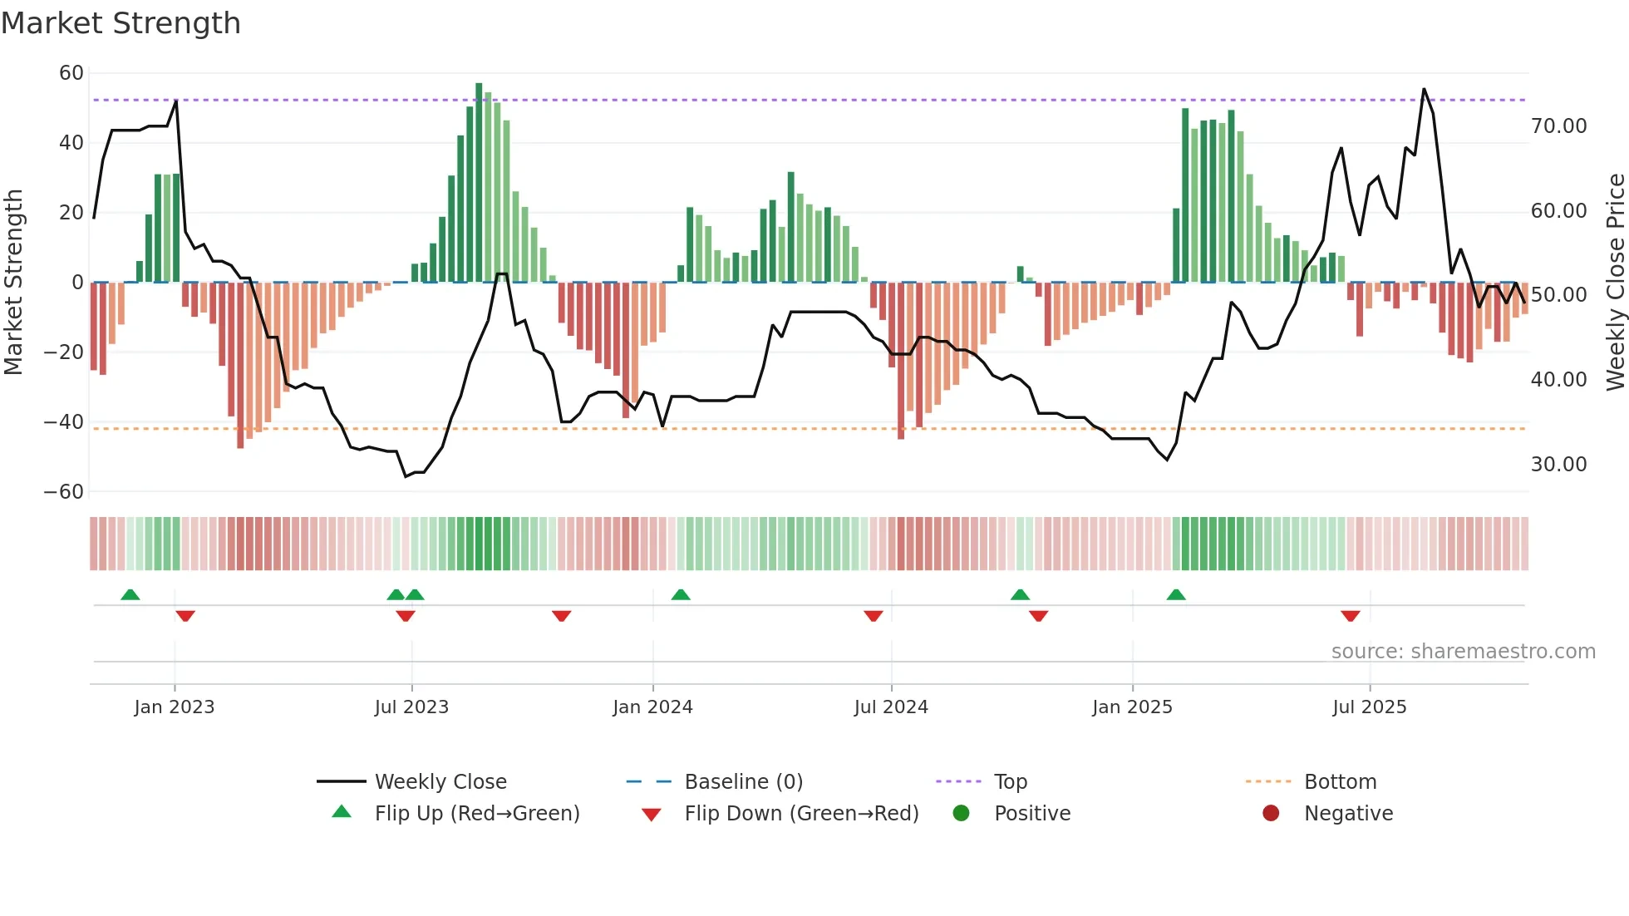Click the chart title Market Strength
pyautogui.click(x=121, y=23)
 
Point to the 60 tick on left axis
pyautogui.click(x=71, y=73)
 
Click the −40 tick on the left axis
pyautogui.click(x=64, y=422)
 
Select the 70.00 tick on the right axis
pyautogui.click(x=1558, y=126)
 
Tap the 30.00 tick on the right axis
pyautogui.click(x=1558, y=465)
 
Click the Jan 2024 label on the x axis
pyautogui.click(x=652, y=707)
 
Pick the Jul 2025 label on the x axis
pyautogui.click(x=1369, y=707)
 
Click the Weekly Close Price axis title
pyautogui.click(x=1615, y=283)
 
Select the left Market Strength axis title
pyautogui.click(x=13, y=283)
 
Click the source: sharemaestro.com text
pyautogui.click(x=1463, y=652)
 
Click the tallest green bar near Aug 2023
pyautogui.click(x=479, y=183)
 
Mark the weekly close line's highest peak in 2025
pyautogui.click(x=1424, y=90)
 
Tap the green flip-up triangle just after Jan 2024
pyautogui.click(x=681, y=594)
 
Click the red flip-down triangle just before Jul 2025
pyautogui.click(x=1350, y=616)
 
